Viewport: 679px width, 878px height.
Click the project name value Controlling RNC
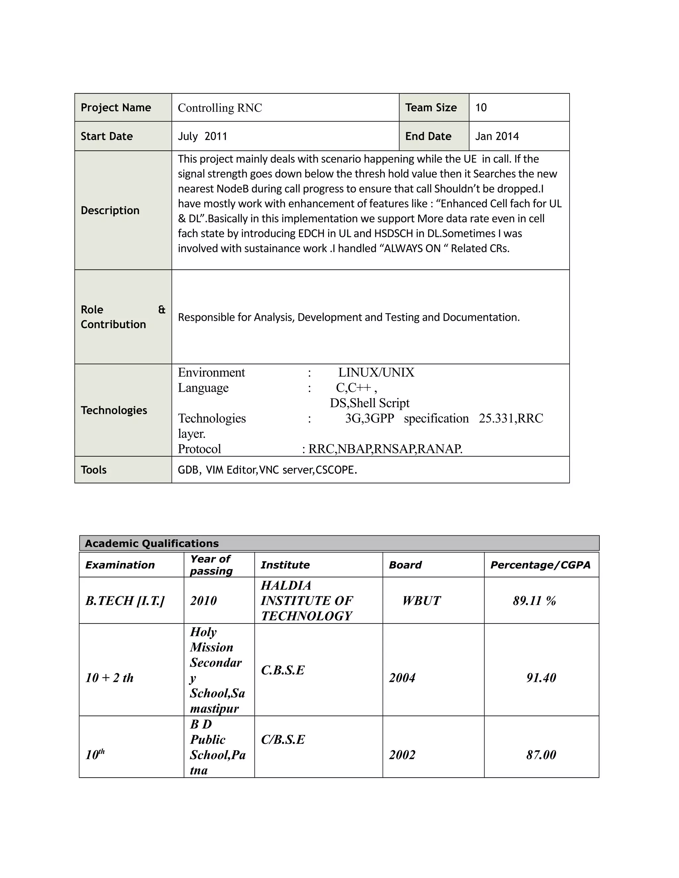tap(219, 108)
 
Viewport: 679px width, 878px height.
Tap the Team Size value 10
tap(481, 107)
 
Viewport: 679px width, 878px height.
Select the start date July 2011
tap(202, 136)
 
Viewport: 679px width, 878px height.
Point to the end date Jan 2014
tap(497, 136)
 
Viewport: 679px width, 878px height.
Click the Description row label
tap(110, 210)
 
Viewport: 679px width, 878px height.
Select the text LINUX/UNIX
tap(376, 372)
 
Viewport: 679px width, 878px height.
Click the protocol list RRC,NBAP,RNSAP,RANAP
tap(385, 449)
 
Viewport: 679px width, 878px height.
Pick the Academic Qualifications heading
tap(152, 543)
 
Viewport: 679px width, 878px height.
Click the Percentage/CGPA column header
tap(540, 565)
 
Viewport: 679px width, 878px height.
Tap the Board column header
tap(405, 565)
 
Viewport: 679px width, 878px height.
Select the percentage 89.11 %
tap(534, 601)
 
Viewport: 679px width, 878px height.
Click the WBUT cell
tap(421, 601)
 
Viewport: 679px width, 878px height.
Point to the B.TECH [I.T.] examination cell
tap(125, 601)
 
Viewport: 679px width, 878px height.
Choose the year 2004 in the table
tap(402, 678)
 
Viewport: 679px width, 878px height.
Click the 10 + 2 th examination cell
tap(109, 678)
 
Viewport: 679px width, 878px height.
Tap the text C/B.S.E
tap(283, 739)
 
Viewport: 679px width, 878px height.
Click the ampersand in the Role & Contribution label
tap(162, 309)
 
